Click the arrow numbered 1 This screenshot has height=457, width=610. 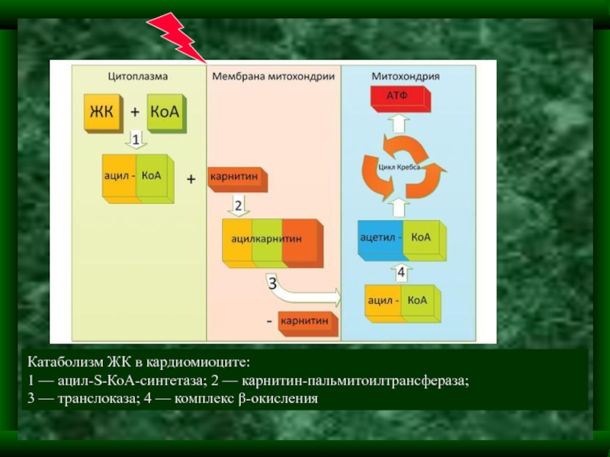pos(135,141)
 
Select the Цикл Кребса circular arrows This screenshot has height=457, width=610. pos(401,167)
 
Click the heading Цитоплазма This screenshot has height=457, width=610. pos(137,76)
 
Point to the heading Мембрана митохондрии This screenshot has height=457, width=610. pos(274,76)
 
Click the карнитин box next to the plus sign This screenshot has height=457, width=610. pos(236,177)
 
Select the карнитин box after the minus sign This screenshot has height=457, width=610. pos(307,322)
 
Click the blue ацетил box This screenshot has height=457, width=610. pos(380,238)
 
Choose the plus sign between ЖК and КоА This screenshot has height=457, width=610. pos(134,111)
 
